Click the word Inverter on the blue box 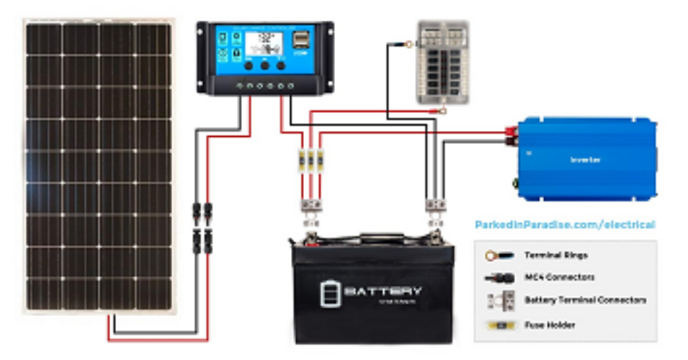(585, 159)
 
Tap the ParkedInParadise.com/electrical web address (565, 225)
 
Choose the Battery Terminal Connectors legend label (585, 300)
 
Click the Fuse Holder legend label (549, 325)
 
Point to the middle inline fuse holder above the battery (311, 159)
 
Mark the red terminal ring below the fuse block (439, 111)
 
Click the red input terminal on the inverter (515, 132)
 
